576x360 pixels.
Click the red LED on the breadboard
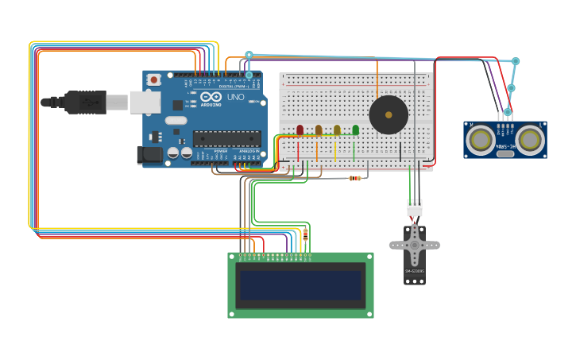coord(300,130)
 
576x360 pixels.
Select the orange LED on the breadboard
coord(319,130)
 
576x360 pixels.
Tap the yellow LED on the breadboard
coord(337,130)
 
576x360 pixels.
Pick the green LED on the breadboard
coord(355,130)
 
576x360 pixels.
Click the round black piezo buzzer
coord(389,115)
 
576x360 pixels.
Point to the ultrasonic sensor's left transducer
coord(480,140)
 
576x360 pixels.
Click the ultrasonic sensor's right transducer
coord(529,140)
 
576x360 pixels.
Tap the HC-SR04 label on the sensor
coord(504,146)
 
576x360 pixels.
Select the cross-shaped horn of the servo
coord(414,244)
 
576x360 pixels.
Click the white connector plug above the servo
coord(415,209)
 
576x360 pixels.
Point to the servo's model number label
coord(414,272)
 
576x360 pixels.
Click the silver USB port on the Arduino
coord(144,101)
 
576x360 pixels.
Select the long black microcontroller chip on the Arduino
coord(226,138)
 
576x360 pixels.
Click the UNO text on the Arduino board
coord(235,97)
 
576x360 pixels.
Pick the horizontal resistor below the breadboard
coord(354,178)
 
